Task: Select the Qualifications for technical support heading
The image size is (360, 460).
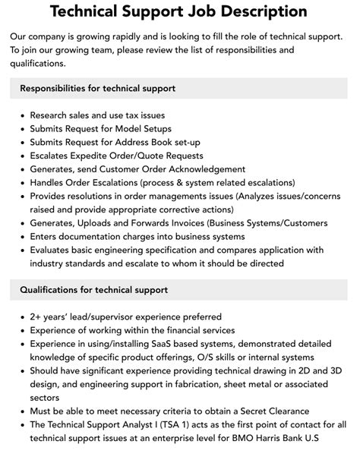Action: point(94,290)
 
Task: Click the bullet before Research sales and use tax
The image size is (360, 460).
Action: point(21,116)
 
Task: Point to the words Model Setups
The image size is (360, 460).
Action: point(141,129)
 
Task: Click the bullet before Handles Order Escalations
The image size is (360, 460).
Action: point(21,183)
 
